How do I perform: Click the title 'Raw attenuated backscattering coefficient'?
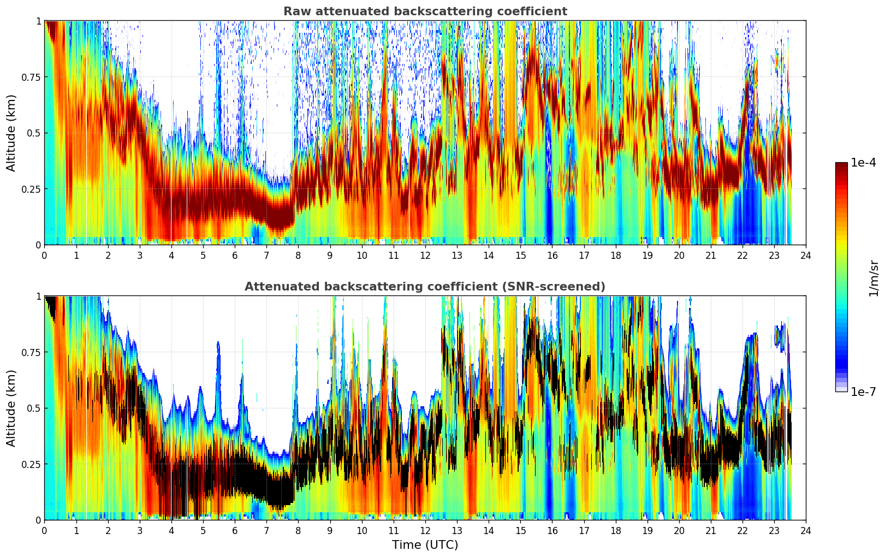(425, 11)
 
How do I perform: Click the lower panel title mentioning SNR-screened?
(425, 287)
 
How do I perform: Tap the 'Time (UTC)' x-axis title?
(425, 545)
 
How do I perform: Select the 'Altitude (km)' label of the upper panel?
(11, 133)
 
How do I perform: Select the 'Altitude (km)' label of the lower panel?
(11, 408)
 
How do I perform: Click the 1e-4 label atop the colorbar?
(863, 163)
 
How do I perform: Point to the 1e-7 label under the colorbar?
(863, 392)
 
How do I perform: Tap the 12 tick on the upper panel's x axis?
(425, 255)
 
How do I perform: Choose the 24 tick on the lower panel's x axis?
(806, 530)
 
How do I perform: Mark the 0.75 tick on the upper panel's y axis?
(31, 77)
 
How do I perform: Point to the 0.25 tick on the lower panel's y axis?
(31, 464)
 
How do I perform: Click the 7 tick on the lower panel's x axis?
(266, 530)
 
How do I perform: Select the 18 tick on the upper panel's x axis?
(615, 255)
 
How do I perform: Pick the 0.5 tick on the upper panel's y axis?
(34, 133)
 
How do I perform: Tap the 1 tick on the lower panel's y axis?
(38, 296)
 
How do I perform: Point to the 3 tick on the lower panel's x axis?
(140, 530)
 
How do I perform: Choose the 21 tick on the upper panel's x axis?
(711, 255)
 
